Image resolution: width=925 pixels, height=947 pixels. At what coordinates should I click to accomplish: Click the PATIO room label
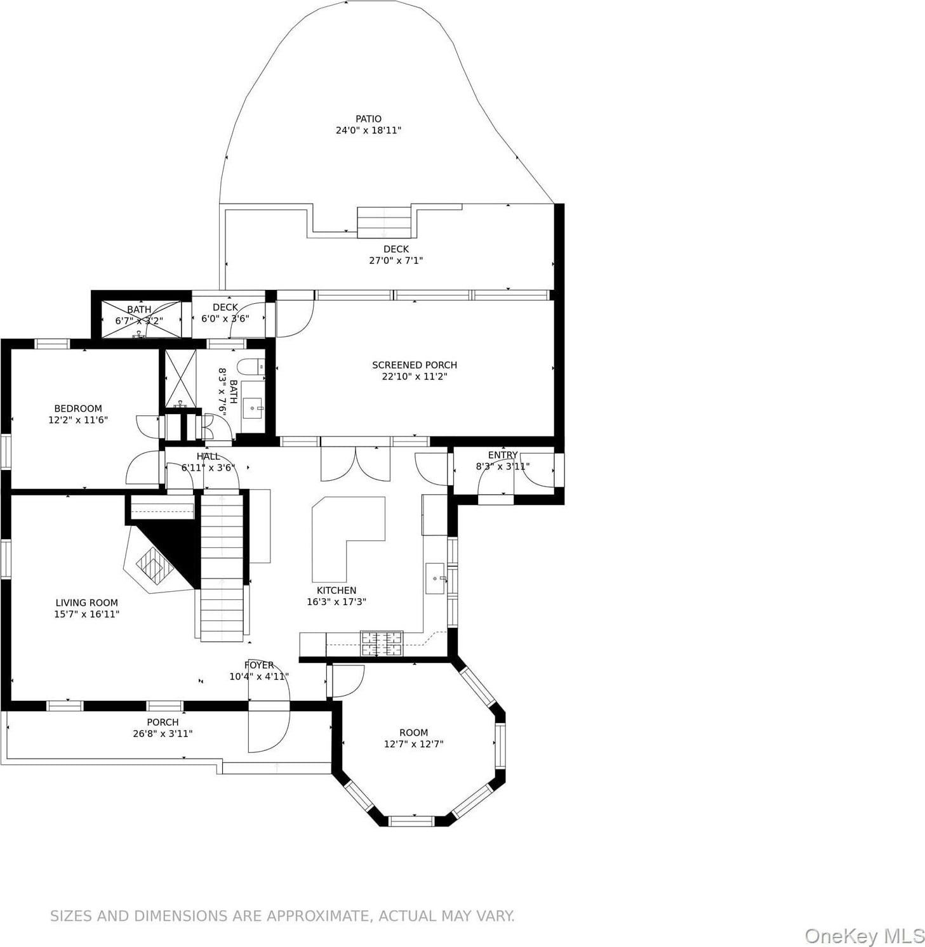coord(368,119)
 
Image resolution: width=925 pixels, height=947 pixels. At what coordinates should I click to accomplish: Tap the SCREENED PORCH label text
coord(415,365)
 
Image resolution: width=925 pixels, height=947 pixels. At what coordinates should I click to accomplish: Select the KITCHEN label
coord(336,590)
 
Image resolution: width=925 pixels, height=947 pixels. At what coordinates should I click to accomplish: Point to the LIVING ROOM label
coord(86,603)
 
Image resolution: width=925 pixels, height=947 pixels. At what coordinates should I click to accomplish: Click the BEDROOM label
coord(78,408)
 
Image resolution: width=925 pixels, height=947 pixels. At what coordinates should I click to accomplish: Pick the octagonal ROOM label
coord(413,732)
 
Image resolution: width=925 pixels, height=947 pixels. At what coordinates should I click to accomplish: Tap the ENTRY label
coord(503,455)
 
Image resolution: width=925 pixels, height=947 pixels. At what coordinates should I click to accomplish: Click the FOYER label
coord(259,665)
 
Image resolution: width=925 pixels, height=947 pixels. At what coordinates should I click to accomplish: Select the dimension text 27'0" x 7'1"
coord(396,260)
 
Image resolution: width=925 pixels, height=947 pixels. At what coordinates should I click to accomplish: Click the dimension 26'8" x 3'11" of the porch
coord(163,733)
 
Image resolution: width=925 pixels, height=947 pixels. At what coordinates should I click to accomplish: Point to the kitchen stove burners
coord(382,643)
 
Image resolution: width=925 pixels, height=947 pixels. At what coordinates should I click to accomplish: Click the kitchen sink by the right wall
coord(435,578)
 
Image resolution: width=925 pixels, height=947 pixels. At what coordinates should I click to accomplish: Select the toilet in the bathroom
coord(250,367)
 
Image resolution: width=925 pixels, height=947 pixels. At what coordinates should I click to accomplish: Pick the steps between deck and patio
coord(384,222)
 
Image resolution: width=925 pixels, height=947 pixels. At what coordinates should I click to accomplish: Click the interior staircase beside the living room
coord(222,568)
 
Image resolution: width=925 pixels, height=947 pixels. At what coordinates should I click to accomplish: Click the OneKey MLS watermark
coord(864,936)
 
